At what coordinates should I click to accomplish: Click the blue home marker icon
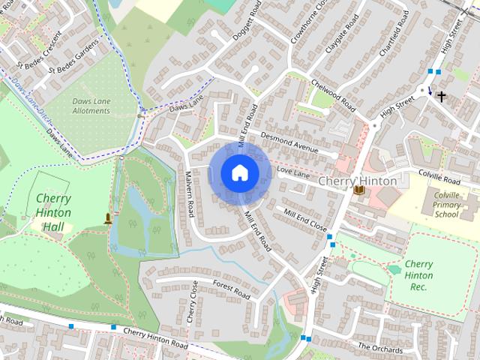click(239, 172)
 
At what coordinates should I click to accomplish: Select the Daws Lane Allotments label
click(91, 106)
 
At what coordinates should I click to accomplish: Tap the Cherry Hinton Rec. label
click(418, 275)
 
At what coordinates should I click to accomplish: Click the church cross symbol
click(442, 96)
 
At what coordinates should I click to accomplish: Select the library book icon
click(359, 190)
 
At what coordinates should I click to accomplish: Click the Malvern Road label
click(190, 194)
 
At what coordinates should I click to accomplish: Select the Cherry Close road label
click(193, 302)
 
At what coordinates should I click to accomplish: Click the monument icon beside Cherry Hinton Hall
click(109, 218)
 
